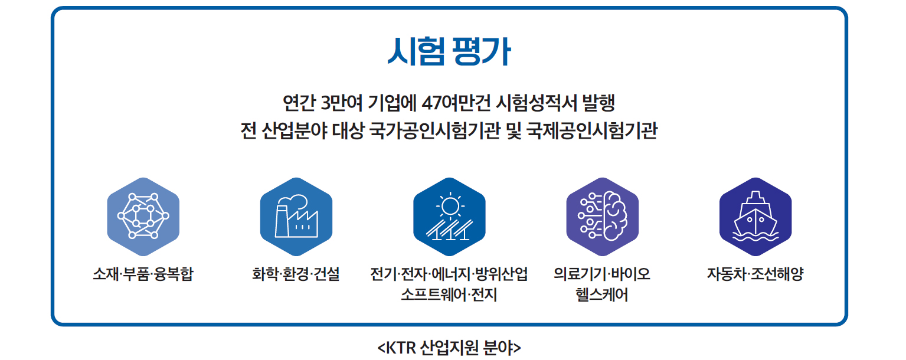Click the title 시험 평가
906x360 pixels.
pos(449,51)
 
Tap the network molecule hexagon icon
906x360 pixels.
pos(143,217)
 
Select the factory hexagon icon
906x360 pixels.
pos(296,217)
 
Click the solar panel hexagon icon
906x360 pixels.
pos(449,217)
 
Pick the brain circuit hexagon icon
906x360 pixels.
pos(602,217)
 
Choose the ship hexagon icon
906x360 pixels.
pos(755,217)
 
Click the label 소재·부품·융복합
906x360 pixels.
pos(143,274)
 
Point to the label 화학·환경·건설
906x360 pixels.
pos(296,274)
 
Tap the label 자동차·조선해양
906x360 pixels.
pos(755,274)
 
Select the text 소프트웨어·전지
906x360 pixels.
pos(449,294)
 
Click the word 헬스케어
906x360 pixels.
pos(602,294)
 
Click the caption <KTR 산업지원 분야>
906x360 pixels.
pos(449,348)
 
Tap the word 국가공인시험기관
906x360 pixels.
pos(435,130)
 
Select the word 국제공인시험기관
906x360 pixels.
pos(592,130)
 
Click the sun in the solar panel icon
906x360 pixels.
pos(450,207)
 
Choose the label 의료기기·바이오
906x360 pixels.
pos(602,274)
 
